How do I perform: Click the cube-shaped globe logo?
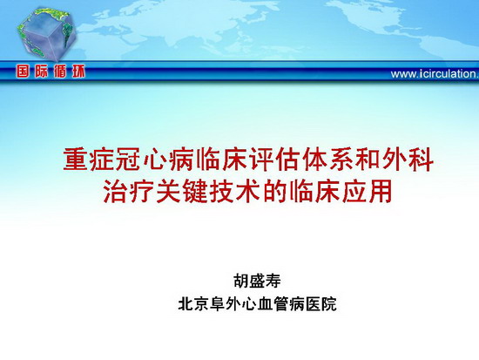(x=46, y=34)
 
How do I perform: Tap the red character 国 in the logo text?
(x=23, y=71)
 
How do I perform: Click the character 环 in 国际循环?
(x=78, y=71)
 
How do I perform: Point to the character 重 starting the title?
(x=76, y=159)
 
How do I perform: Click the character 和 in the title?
(x=368, y=159)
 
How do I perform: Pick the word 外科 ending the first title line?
(x=408, y=159)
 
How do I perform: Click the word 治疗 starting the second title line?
(x=128, y=192)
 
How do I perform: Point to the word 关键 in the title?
(x=181, y=192)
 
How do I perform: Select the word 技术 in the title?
(x=234, y=192)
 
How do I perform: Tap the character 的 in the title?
(x=274, y=192)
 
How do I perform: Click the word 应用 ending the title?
(x=367, y=192)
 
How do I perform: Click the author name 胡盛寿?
(x=257, y=281)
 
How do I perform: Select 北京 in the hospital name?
(x=193, y=303)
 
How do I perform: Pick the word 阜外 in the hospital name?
(x=226, y=303)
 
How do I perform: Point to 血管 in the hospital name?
(x=273, y=303)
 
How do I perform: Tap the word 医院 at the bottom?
(x=320, y=303)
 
